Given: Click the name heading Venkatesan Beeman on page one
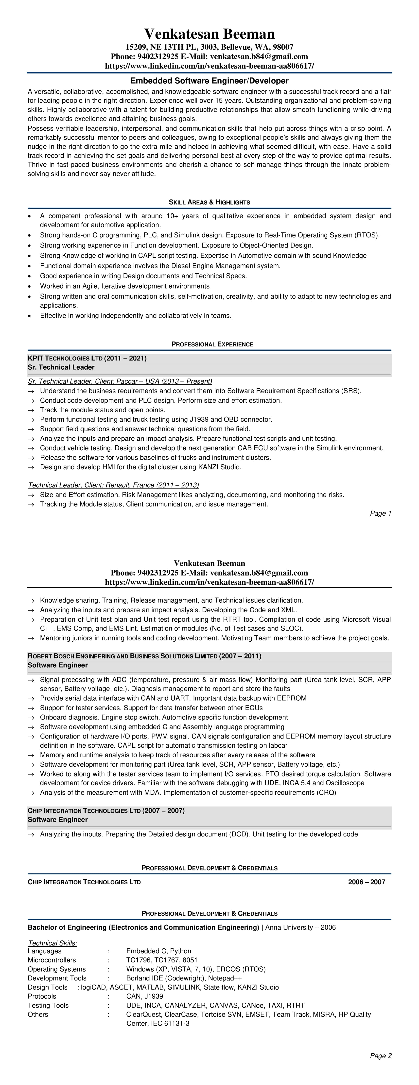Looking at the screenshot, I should click(209, 34).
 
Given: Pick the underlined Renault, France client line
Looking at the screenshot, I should click(113, 485).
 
